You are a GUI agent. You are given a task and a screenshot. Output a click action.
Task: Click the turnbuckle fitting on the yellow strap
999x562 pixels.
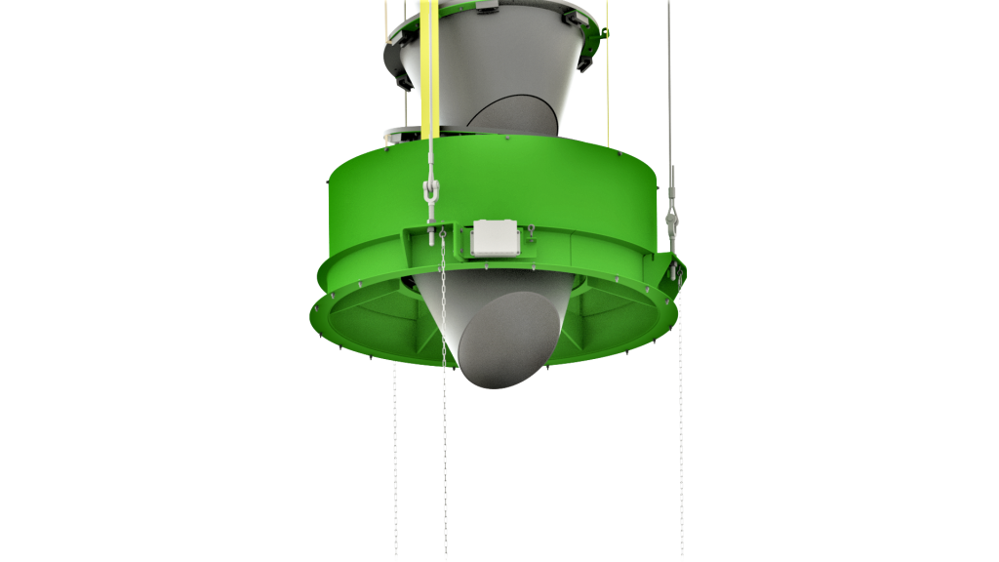pyautogui.click(x=428, y=200)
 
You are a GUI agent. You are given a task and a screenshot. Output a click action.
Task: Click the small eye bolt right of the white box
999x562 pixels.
pyautogui.click(x=531, y=232)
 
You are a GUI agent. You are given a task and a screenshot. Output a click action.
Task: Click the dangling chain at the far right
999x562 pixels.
pyautogui.click(x=681, y=439)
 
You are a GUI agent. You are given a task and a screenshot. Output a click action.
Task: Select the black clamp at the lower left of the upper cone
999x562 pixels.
pyautogui.click(x=404, y=78)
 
